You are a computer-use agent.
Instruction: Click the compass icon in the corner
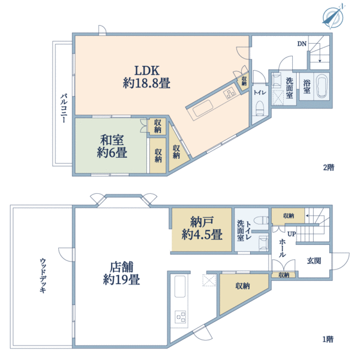point(332,16)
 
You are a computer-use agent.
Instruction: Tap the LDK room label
point(147,77)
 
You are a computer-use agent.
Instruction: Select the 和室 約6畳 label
point(112,146)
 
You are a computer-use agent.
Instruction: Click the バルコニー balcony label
point(64,108)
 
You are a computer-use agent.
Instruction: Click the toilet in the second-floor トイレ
point(260,108)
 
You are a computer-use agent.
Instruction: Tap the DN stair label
point(302,44)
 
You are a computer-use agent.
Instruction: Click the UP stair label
point(292,234)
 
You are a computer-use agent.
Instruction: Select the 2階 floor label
point(329,167)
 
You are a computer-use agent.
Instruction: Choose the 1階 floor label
point(328,340)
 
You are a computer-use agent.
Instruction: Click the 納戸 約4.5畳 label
point(202,229)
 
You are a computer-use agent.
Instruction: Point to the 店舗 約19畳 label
point(121,273)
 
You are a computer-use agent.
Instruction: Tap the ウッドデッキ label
point(43,275)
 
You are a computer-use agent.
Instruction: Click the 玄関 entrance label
point(314,261)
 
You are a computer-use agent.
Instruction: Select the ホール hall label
point(282,248)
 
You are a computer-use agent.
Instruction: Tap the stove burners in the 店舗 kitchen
point(181,317)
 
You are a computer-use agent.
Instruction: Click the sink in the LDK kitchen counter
point(203,109)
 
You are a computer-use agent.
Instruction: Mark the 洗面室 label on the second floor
point(289,88)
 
